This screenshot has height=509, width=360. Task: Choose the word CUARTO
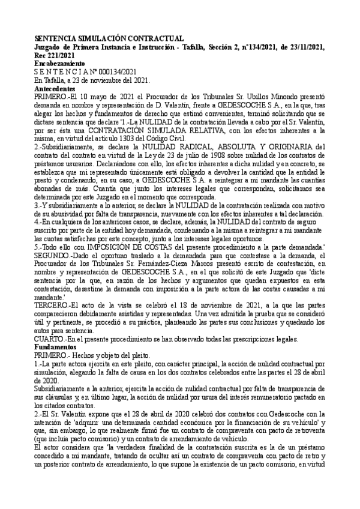tap(51, 339)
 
